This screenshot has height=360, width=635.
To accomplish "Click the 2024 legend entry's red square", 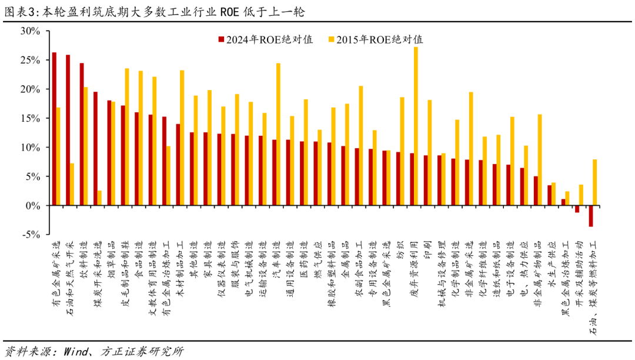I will coord(221,40).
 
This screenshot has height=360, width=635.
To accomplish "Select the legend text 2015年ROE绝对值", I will coord(379,40).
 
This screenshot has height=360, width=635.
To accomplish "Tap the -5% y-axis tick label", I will coord(29,234).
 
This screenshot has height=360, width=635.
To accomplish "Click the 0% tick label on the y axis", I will coord(32,205).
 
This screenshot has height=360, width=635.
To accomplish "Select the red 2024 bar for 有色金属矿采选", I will coord(54,129).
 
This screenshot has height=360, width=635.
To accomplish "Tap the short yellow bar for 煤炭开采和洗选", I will coord(100,198).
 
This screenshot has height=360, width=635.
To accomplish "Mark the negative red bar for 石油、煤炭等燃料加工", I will coord(590,216).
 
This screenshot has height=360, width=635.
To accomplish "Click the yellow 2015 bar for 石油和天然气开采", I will coord(72,184).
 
